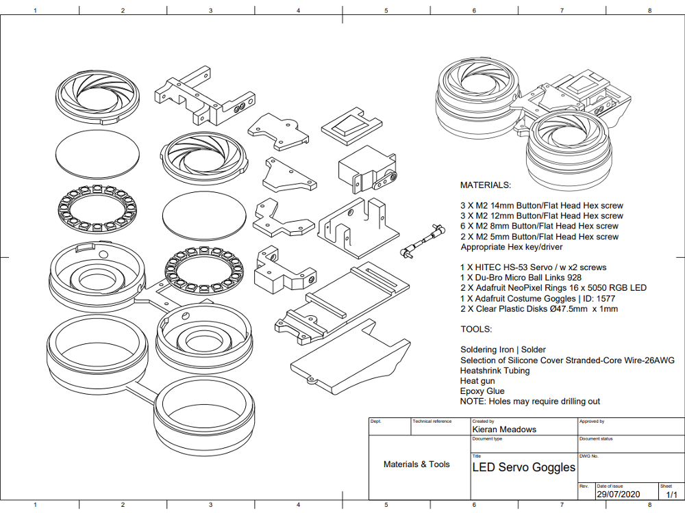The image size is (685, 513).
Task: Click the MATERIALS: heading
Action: pyautogui.click(x=485, y=185)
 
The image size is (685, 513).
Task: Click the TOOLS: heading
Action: pyautogui.click(x=476, y=329)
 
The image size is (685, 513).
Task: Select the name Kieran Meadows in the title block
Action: pyautogui.click(x=504, y=430)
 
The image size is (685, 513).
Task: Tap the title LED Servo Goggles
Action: pyautogui.click(x=524, y=468)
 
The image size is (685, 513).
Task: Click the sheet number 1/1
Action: pyautogui.click(x=667, y=494)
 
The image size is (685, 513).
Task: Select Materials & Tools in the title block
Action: pyautogui.click(x=416, y=464)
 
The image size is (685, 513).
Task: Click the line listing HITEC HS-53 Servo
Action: pyautogui.click(x=533, y=267)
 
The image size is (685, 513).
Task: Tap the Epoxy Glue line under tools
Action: pyautogui.click(x=482, y=391)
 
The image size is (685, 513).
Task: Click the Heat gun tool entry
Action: pyautogui.click(x=477, y=381)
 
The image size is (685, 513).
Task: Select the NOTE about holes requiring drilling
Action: pyautogui.click(x=530, y=402)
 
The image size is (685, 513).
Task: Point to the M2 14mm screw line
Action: pyautogui.click(x=541, y=205)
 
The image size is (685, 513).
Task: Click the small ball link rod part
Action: pyautogui.click(x=421, y=242)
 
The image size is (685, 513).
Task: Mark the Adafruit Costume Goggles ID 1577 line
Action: pyautogui.click(x=538, y=298)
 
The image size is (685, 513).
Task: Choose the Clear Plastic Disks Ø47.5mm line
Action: pyautogui.click(x=539, y=309)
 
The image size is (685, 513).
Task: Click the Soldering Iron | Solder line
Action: pyautogui.click(x=503, y=350)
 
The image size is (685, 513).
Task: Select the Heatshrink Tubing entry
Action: pyautogui.click(x=495, y=371)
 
